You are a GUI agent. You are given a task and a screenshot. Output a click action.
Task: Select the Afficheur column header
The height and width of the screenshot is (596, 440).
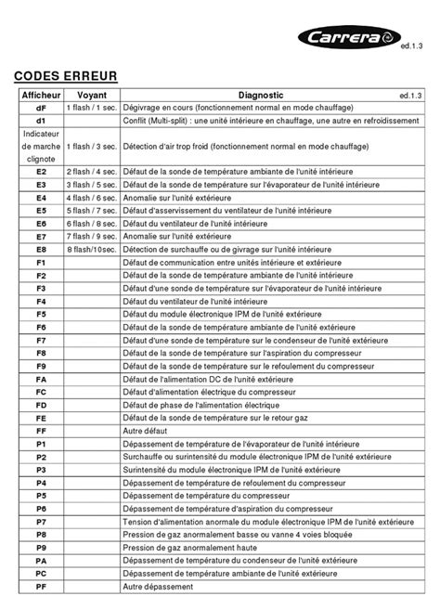pos(41,96)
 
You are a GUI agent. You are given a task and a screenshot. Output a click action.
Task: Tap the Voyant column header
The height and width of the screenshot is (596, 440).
pos(91,96)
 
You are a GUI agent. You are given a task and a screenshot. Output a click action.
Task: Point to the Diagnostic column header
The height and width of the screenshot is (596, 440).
pos(260,96)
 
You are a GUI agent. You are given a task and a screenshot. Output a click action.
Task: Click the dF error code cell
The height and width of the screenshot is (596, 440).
pos(41,109)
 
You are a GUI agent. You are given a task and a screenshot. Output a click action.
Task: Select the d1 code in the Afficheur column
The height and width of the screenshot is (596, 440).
pos(41,122)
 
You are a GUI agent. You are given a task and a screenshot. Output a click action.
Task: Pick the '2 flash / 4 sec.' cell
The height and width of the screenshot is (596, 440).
pos(91,173)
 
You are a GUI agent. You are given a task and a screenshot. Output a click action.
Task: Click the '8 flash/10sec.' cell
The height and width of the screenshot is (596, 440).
pos(91,250)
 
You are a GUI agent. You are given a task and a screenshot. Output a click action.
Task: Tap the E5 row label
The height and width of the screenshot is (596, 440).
pos(41,211)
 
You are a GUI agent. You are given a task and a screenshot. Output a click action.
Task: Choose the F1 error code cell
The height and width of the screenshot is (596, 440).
pos(41,263)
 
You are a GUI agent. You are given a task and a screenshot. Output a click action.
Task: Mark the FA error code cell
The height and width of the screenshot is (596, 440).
pos(41,380)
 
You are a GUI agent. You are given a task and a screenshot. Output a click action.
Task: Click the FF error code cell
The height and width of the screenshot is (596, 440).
pos(41,431)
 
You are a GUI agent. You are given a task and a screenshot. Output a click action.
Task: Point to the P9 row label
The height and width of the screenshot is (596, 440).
pos(41,548)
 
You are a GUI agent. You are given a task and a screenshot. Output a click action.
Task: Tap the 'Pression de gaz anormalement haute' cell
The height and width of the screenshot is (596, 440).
pos(192,548)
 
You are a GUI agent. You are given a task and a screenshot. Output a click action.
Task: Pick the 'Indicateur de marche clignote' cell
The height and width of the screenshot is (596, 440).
pos(41,147)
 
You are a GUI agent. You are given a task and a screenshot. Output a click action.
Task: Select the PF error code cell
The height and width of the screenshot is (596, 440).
pos(41,587)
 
